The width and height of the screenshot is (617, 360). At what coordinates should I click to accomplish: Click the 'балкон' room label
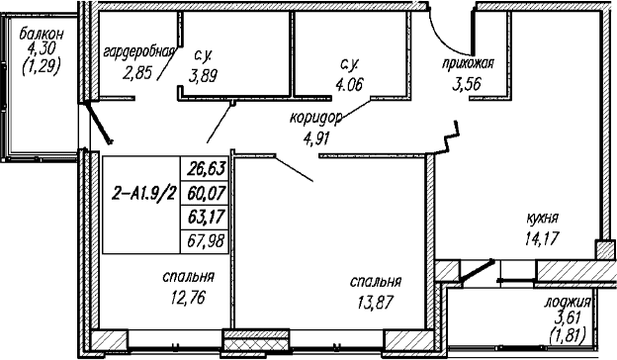pyautogui.click(x=41, y=35)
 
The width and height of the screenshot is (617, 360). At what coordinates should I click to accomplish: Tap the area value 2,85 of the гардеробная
pyautogui.click(x=137, y=73)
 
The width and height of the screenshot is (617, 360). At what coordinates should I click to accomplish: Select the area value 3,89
pyautogui.click(x=203, y=75)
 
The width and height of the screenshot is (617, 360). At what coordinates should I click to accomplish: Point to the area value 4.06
pyautogui.click(x=349, y=84)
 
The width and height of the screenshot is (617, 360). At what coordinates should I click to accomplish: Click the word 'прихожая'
pyautogui.click(x=468, y=63)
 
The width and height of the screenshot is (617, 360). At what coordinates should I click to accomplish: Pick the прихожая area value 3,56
pyautogui.click(x=467, y=83)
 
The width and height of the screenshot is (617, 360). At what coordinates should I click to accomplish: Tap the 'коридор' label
pyautogui.click(x=316, y=119)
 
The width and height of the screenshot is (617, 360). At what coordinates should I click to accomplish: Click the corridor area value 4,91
pyautogui.click(x=316, y=138)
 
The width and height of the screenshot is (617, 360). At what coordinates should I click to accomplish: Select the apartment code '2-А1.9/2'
pyautogui.click(x=143, y=194)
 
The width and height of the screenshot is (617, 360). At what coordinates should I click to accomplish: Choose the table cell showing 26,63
pyautogui.click(x=205, y=169)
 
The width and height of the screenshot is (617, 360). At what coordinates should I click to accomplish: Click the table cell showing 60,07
pyautogui.click(x=205, y=193)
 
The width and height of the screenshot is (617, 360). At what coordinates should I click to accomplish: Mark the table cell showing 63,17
pyautogui.click(x=205, y=217)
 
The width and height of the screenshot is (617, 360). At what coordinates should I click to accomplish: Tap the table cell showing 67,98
pyautogui.click(x=205, y=240)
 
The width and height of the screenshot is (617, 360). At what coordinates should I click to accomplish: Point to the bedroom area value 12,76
pyautogui.click(x=188, y=297)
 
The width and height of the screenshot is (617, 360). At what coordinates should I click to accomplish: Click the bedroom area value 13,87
pyautogui.click(x=376, y=303)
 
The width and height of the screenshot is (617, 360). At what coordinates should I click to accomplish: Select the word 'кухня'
pyautogui.click(x=543, y=219)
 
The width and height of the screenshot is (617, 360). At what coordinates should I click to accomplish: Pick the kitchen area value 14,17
pyautogui.click(x=542, y=238)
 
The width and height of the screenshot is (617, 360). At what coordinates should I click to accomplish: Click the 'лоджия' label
pyautogui.click(x=568, y=303)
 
